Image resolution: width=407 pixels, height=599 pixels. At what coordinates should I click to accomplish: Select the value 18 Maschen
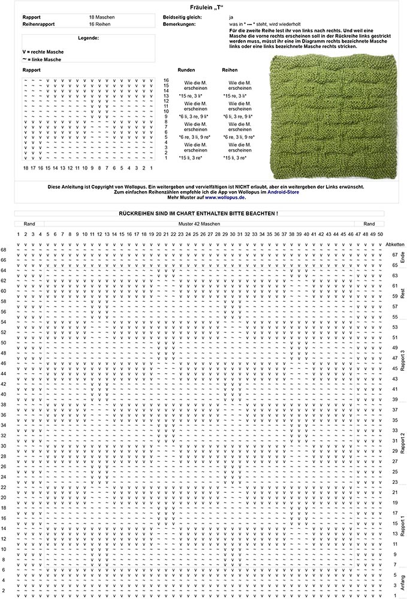pyautogui.click(x=102, y=18)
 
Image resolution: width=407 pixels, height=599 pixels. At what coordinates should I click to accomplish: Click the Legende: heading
pyautogui.click(x=88, y=38)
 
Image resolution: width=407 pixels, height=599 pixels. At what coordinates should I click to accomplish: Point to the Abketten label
pyautogui.click(x=396, y=245)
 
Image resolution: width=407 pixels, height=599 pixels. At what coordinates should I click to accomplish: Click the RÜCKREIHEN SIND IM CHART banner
pyautogui.click(x=198, y=213)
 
